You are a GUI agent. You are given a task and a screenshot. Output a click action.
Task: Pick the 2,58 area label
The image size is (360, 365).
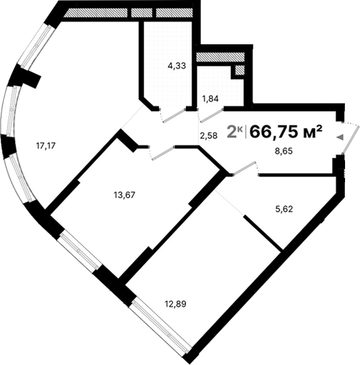(x=208, y=135)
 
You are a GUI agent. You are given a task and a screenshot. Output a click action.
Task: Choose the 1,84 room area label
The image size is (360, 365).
(x=210, y=98)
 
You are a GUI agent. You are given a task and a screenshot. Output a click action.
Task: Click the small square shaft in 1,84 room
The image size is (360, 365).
(x=239, y=71)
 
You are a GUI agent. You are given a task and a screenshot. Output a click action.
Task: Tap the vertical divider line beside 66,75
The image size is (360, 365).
(x=247, y=131)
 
